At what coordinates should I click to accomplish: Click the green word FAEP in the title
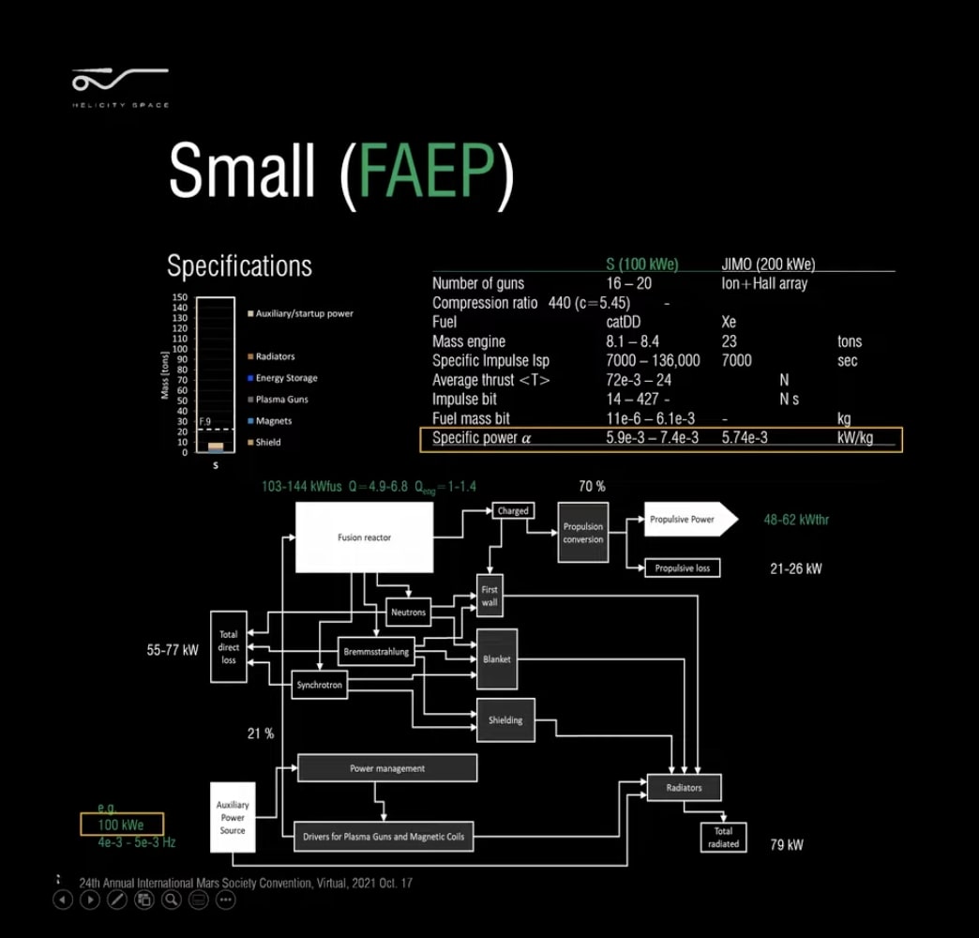tap(427, 175)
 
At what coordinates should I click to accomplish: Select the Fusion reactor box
tap(365, 537)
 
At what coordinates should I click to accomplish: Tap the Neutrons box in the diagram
tap(408, 613)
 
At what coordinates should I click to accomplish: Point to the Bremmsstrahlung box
tap(375, 652)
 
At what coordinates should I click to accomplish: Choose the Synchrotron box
tap(320, 686)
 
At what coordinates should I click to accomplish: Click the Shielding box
tap(505, 720)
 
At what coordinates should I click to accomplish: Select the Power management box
tap(387, 768)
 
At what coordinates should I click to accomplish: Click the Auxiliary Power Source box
tap(233, 817)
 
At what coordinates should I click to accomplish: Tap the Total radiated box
tap(723, 838)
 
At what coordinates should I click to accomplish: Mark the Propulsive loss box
tap(683, 568)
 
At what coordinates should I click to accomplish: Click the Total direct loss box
tap(229, 646)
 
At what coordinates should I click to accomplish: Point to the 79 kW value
tap(787, 845)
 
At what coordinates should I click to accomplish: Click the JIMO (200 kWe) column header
tap(768, 265)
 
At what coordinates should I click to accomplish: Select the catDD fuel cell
tap(624, 322)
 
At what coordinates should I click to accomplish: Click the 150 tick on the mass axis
tap(180, 297)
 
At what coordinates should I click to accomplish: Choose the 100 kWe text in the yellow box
tap(121, 825)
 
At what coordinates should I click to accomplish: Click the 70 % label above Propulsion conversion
tap(592, 487)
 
